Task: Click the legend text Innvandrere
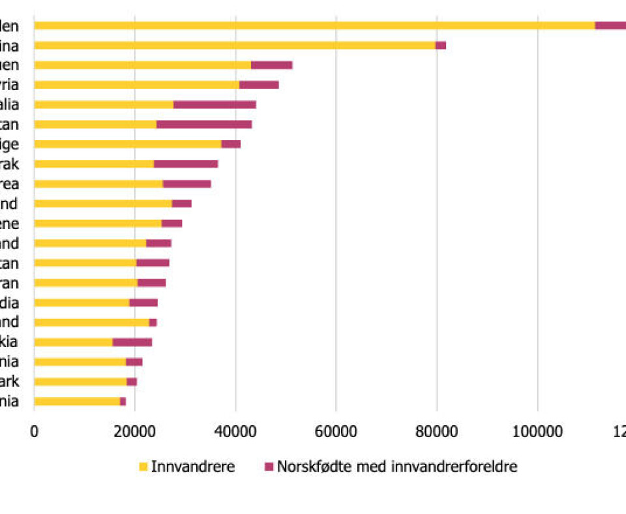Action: pyautogui.click(x=193, y=467)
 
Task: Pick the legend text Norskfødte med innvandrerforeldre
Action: pyautogui.click(x=397, y=467)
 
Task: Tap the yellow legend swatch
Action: pyautogui.click(x=143, y=467)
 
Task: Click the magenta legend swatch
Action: pyautogui.click(x=269, y=467)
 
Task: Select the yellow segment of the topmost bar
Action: pyautogui.click(x=313, y=25)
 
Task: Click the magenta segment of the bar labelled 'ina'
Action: pyautogui.click(x=441, y=45)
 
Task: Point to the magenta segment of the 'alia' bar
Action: pyautogui.click(x=215, y=104)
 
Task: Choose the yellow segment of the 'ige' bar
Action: pyautogui.click(x=127, y=144)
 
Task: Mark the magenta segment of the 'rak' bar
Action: pyautogui.click(x=186, y=164)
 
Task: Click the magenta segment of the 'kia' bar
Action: pyautogui.click(x=132, y=342)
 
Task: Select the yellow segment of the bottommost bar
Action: pyautogui.click(x=77, y=401)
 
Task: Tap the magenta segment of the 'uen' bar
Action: pyautogui.click(x=272, y=65)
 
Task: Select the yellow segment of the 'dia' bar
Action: pyautogui.click(x=82, y=303)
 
